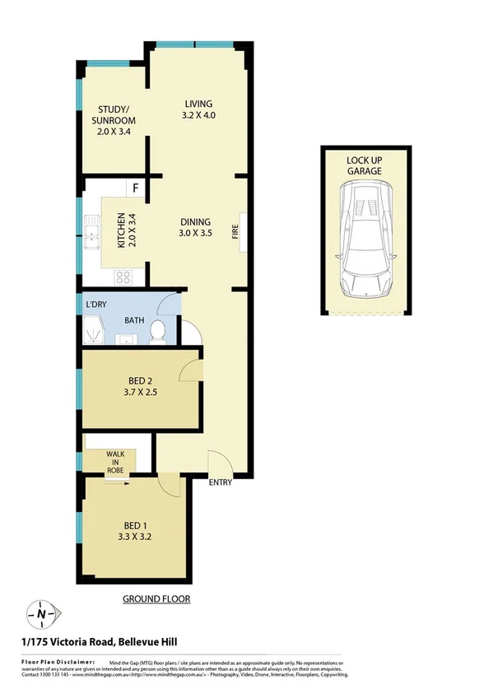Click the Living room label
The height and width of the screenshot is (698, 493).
198,104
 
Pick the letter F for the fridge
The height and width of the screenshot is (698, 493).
135,187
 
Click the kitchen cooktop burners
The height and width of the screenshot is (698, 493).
123,277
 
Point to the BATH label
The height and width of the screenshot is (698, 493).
135,320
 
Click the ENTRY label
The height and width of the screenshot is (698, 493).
220,482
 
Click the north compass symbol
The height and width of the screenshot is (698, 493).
41,612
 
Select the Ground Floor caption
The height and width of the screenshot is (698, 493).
156,599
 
